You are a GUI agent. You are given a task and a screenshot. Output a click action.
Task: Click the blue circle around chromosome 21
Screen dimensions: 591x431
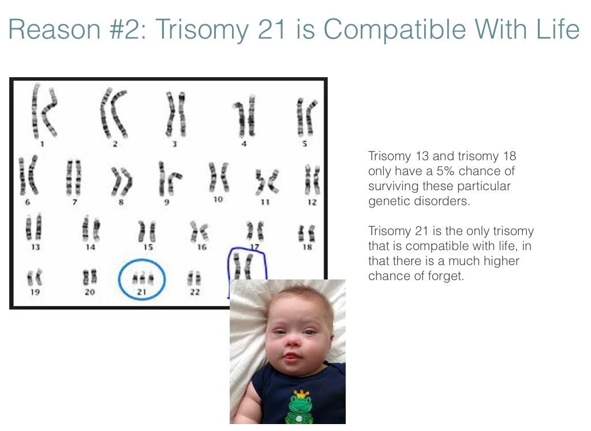pos(119,279)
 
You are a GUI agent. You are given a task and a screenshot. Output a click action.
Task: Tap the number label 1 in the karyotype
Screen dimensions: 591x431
pos(42,143)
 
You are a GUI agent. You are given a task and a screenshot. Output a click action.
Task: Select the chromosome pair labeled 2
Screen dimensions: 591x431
pos(114,112)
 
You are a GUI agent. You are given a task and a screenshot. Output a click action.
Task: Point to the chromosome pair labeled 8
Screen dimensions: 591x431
pos(121,182)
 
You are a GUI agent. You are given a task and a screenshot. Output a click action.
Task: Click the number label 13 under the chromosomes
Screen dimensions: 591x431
pos(35,247)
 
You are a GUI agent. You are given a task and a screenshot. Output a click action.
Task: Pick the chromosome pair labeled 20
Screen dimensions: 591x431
pos(89,277)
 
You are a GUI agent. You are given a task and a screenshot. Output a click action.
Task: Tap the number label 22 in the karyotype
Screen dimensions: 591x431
pos(194,292)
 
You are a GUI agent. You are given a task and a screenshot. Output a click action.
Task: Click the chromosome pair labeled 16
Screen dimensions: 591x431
pos(199,230)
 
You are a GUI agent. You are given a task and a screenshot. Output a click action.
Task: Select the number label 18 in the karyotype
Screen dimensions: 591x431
pos(307,247)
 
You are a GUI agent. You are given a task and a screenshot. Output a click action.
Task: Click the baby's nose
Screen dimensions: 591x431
pos(293,342)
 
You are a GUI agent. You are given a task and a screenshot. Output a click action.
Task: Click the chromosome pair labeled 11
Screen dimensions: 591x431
pos(267,182)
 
